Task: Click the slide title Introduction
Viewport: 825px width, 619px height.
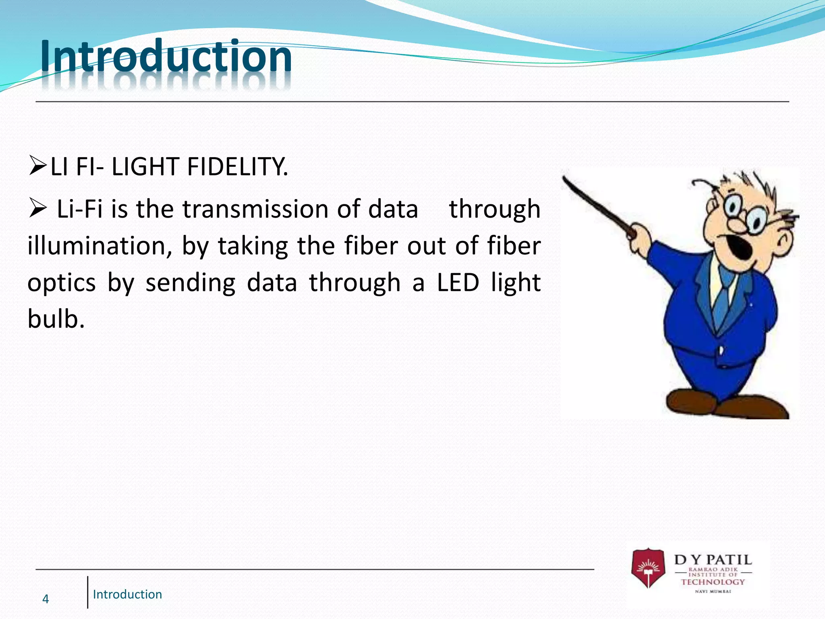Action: pyautogui.click(x=166, y=56)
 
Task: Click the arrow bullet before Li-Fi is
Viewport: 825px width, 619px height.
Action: pyautogui.click(x=38, y=209)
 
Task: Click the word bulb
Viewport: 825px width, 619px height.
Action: pyautogui.click(x=56, y=319)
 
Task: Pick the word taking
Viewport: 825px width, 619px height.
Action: pyautogui.click(x=253, y=247)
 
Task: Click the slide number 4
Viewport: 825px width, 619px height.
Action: pyautogui.click(x=46, y=599)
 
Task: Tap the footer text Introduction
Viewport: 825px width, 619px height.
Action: pyautogui.click(x=127, y=594)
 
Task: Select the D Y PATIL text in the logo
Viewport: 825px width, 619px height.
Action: pyautogui.click(x=713, y=560)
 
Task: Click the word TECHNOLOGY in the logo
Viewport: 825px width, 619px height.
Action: pyautogui.click(x=713, y=582)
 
